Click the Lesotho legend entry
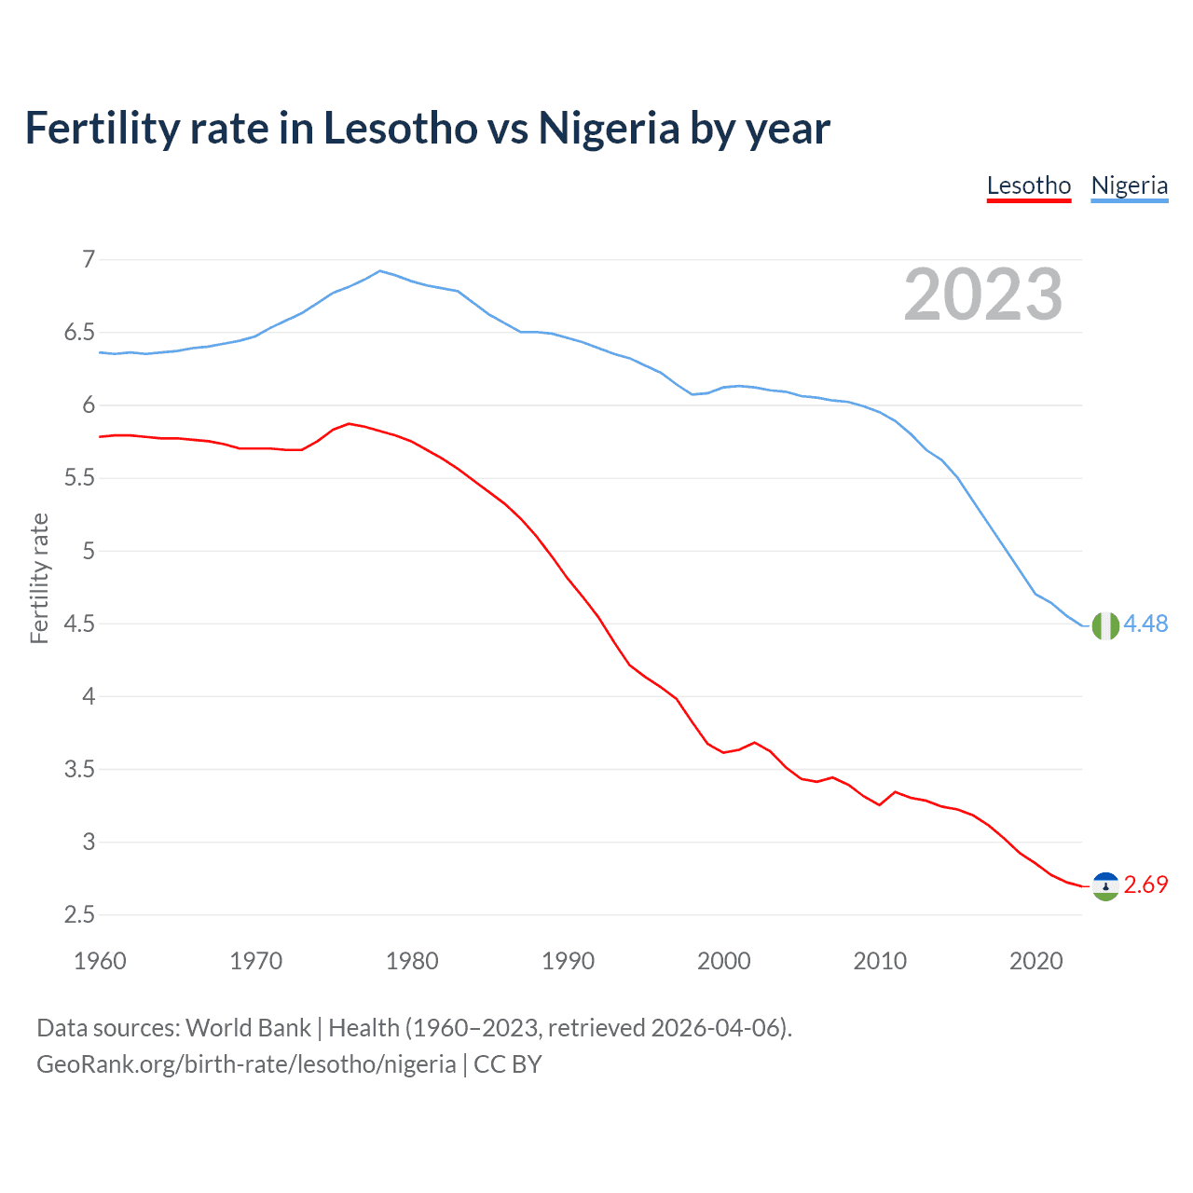1029,185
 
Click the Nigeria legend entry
1129,185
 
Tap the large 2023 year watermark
983,295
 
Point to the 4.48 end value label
1145,624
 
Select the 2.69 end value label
1145,884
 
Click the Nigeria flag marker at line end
1105,625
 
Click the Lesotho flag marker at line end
1105,886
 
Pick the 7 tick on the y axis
89,259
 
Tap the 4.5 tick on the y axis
79,624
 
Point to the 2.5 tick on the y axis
79,914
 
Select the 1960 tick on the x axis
100,961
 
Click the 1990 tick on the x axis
568,961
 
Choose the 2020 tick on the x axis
1035,961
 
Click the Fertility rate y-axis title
39,579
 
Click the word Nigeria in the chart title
609,129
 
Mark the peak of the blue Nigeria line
379,271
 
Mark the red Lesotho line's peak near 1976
349,423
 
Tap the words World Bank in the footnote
248,1028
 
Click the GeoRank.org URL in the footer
246,1064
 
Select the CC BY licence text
508,1064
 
